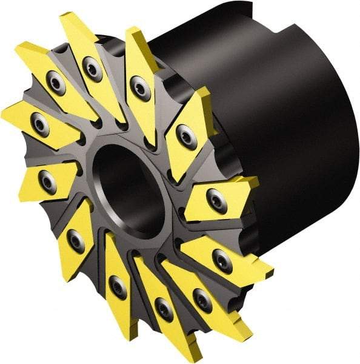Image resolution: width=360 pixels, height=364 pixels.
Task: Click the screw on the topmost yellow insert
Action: click(92, 69)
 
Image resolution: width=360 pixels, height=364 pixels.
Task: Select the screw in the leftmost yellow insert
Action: click(40, 124)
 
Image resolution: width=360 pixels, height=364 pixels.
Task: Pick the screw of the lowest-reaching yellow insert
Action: click(163, 309)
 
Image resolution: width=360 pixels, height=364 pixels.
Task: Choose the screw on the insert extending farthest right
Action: click(222, 261)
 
